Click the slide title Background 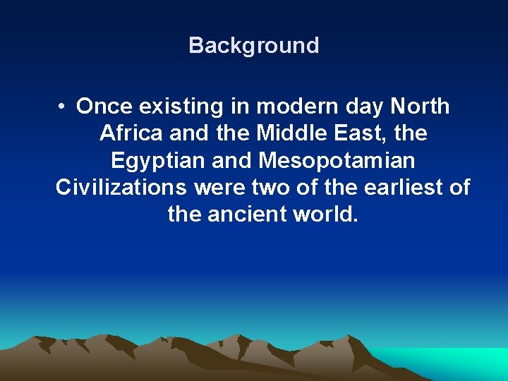coord(253,45)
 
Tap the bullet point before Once coord(63,107)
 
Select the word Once coord(105,107)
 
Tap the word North coord(420,107)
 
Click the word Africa coord(132,133)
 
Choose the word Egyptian coord(158,161)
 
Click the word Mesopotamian coord(337,161)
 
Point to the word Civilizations coord(121,187)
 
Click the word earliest coord(392,187)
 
